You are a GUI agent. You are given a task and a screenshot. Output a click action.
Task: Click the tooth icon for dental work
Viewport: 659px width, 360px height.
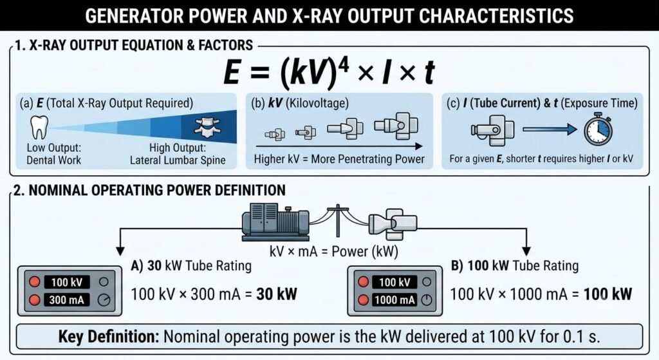pos(39,128)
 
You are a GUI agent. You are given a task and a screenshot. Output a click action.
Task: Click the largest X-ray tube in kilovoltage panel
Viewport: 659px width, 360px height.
pos(396,126)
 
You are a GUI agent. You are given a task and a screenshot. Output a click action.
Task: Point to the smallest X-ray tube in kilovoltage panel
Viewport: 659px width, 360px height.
pos(274,135)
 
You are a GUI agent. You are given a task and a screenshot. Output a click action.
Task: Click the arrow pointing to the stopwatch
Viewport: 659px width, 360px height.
pos(550,129)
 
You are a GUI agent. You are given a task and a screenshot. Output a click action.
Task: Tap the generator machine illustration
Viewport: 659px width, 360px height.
pos(275,222)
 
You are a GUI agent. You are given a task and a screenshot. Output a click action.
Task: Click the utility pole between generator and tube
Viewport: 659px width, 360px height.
pos(337,221)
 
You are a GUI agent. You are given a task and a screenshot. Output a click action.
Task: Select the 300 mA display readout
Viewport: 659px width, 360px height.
pos(67,300)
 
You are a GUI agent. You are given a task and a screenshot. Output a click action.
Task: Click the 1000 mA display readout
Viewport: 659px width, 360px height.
pos(394,300)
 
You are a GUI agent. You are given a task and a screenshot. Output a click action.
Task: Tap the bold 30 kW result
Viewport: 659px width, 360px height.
pos(277,294)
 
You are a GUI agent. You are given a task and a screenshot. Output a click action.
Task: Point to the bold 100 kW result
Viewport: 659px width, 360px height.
pos(608,294)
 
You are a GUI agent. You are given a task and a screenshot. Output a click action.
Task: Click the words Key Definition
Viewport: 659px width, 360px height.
pos(109,336)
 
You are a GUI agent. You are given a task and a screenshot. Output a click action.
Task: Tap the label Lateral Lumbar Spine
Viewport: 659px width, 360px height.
pos(178,160)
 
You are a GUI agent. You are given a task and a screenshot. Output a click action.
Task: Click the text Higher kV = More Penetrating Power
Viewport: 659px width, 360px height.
pos(339,159)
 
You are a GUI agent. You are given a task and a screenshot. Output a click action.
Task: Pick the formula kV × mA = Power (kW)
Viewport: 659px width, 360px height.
pos(334,252)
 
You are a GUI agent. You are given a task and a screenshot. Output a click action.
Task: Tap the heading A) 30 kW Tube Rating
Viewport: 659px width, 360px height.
pos(191,266)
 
